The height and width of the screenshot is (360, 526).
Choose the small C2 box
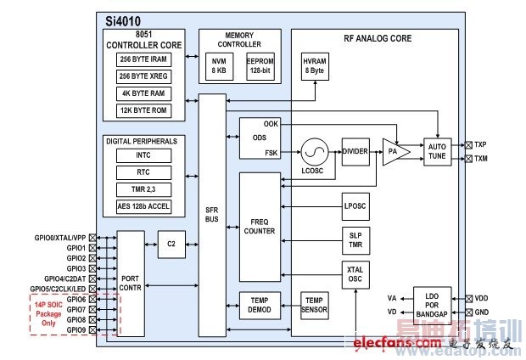pos(171,245)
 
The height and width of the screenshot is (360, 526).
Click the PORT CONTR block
pos(131,281)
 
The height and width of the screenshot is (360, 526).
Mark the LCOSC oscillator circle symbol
pos(314,152)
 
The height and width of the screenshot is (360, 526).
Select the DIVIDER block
pos(355,151)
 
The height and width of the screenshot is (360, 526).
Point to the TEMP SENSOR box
pos(316,306)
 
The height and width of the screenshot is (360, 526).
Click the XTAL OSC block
pos(355,274)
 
